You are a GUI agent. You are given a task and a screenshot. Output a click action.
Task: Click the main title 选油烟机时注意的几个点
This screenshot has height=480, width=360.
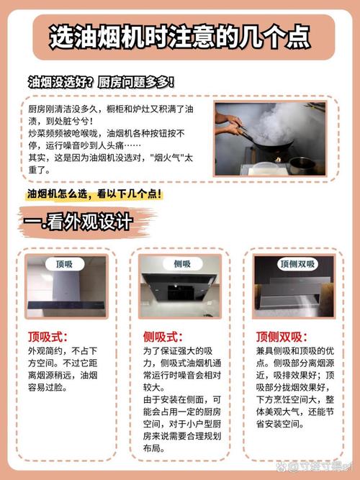pyautogui.click(x=179, y=37)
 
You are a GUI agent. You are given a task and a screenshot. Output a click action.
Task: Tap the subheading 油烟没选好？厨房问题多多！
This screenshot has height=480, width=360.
pyautogui.click(x=100, y=82)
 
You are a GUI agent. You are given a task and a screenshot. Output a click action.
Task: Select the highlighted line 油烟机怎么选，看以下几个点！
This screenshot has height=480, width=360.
pyautogui.click(x=94, y=195)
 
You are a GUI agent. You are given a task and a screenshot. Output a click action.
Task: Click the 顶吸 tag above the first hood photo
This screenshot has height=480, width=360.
pyautogui.click(x=66, y=264)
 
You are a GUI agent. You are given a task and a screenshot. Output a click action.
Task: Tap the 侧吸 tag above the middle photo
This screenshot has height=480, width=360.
pyautogui.click(x=180, y=264)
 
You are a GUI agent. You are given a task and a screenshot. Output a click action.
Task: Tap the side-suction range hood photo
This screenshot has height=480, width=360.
pyautogui.click(x=180, y=288)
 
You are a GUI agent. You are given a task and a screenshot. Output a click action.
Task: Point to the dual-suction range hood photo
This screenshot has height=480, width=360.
pyautogui.click(x=294, y=288)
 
